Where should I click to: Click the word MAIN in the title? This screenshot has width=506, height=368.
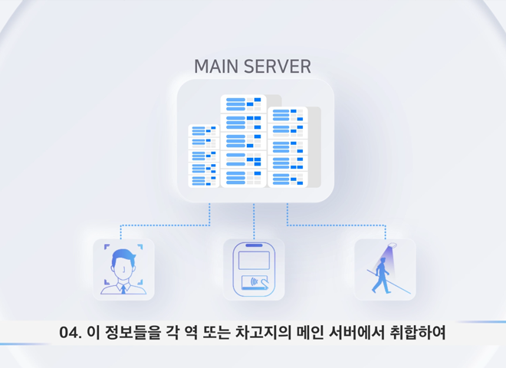click(x=216, y=67)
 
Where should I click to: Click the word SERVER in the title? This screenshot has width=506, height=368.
click(x=277, y=67)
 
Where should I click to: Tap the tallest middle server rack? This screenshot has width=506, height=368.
click(x=243, y=141)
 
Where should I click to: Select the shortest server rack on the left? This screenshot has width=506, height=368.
click(x=204, y=156)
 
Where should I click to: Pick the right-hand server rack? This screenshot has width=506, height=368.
click(x=288, y=146)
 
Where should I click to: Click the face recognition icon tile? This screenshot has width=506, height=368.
click(x=123, y=269)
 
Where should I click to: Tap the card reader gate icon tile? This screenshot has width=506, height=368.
click(x=254, y=269)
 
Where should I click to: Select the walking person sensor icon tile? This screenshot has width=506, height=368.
click(x=385, y=269)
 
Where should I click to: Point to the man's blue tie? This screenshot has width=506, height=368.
click(x=123, y=289)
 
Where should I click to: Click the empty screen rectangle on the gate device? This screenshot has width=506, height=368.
click(x=253, y=260)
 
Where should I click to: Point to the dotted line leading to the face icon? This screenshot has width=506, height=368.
click(x=165, y=225)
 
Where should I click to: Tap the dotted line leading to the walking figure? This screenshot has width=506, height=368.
click(x=337, y=225)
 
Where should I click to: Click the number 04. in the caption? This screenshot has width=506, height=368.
click(x=71, y=333)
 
